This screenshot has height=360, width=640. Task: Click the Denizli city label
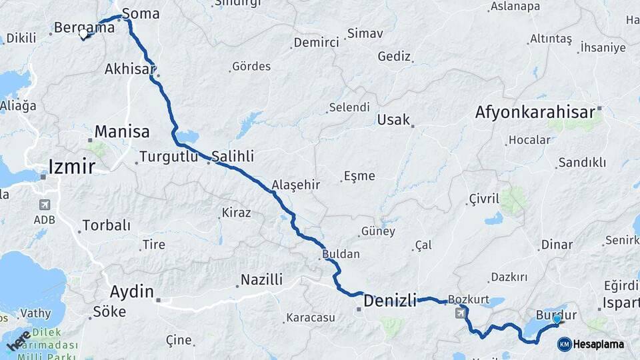tap(390, 301)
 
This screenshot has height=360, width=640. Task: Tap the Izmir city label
tap(71, 166)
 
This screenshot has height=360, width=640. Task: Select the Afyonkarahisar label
tap(535, 113)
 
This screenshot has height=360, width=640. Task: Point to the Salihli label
tap(233, 155)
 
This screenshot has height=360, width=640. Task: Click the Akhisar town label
tap(130, 69)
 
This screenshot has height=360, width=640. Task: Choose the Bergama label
tap(84, 28)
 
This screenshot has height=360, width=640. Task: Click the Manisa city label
tap(122, 131)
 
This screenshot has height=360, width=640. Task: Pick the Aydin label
tap(132, 291)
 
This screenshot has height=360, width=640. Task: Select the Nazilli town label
tap(262, 279)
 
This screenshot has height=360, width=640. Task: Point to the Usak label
tap(393, 120)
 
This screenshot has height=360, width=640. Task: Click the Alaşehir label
tap(296, 185)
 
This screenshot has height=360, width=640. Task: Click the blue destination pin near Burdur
tap(557, 320)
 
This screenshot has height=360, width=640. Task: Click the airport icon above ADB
tap(45, 205)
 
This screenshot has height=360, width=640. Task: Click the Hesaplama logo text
tap(598, 344)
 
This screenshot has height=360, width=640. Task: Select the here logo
tap(19, 340)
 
